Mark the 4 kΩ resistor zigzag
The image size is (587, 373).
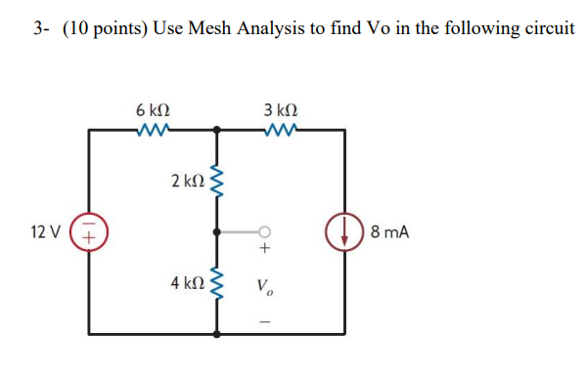pos(217,283)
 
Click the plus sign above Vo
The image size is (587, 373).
pos(263,251)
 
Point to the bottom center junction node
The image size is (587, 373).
pos(217,334)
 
